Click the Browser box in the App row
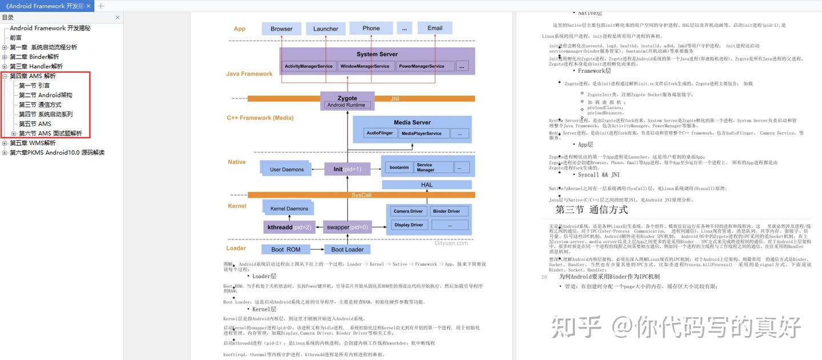point(281,29)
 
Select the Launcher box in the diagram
point(325,29)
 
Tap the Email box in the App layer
point(434,28)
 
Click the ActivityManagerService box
point(308,66)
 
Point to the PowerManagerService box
point(421,66)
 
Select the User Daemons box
point(287,169)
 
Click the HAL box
point(426,185)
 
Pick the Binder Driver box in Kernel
point(446,211)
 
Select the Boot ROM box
point(285,249)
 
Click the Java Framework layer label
point(249,74)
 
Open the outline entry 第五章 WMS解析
point(33,143)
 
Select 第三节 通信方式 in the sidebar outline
point(40,105)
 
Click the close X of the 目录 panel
point(118,17)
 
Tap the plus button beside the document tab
point(101,6)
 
